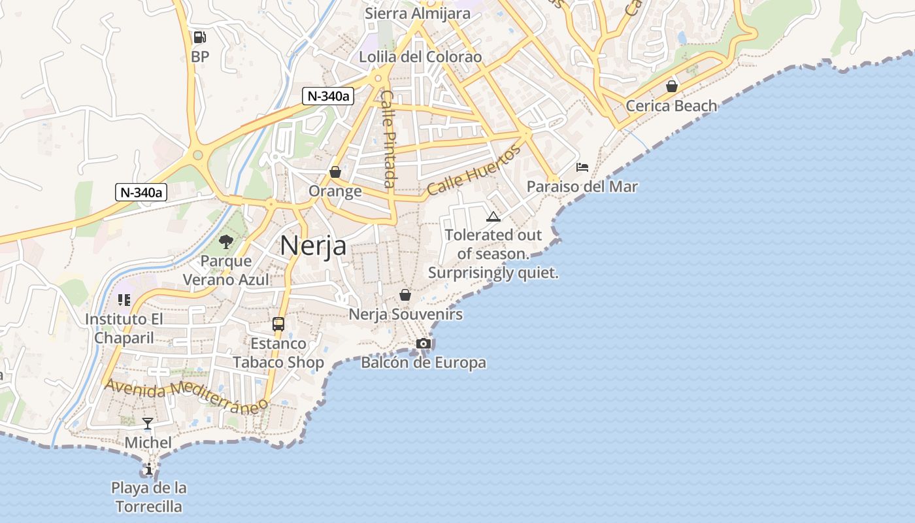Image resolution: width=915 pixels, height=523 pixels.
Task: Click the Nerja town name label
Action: (x=313, y=246)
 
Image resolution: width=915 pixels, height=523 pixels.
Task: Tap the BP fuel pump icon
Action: (x=200, y=37)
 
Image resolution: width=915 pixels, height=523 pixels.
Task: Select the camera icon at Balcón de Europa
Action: (x=424, y=343)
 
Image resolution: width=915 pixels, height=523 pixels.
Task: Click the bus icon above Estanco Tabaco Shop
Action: (x=278, y=324)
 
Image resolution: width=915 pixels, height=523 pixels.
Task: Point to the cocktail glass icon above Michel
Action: (x=148, y=424)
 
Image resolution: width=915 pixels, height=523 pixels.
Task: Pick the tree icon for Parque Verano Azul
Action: (x=226, y=242)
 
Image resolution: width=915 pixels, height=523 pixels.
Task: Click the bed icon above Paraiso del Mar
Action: (x=582, y=167)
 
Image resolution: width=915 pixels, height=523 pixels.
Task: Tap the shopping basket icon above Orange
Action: (x=335, y=172)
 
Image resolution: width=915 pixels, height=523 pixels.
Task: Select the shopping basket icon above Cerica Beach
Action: (x=671, y=86)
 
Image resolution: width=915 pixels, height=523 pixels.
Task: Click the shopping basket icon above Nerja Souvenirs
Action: (x=405, y=295)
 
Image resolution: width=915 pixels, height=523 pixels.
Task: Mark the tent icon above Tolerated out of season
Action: (x=493, y=216)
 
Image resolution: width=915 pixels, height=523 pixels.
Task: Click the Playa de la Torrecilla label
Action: (x=149, y=497)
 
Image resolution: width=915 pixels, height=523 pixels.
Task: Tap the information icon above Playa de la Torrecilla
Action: (x=149, y=469)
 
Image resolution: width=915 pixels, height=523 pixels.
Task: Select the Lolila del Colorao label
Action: (x=420, y=57)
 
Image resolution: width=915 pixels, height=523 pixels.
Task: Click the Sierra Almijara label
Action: (x=418, y=13)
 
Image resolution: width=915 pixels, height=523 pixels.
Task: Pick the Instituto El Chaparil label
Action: (x=124, y=328)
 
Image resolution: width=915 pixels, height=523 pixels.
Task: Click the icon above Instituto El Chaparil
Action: (x=124, y=300)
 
